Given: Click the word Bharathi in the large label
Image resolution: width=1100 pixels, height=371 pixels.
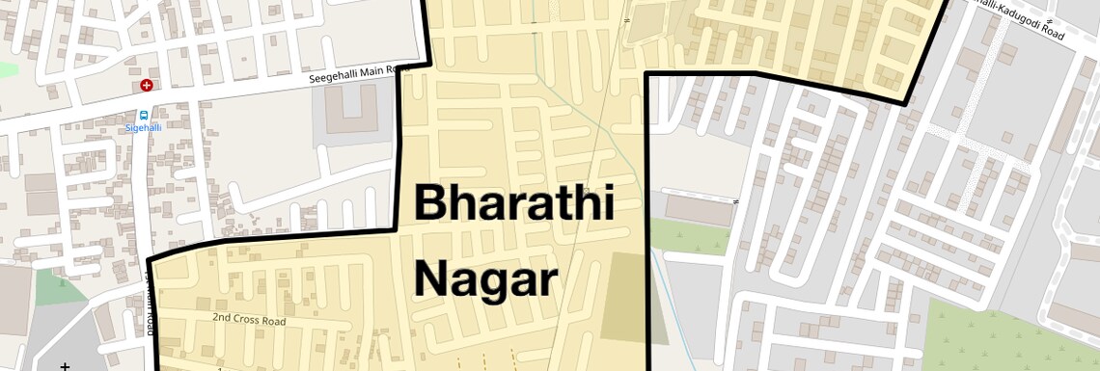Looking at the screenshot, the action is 514,203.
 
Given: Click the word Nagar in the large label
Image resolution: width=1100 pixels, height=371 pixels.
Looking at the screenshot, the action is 486,279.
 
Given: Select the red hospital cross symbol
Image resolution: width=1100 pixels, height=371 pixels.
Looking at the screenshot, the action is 147,85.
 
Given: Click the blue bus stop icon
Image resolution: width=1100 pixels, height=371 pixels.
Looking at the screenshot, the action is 144,113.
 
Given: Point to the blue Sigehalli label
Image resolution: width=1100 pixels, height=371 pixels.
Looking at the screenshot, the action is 144,127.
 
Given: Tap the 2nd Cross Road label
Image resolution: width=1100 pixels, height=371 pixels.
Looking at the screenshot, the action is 249,317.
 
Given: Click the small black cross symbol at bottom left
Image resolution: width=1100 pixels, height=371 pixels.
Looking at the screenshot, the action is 65,366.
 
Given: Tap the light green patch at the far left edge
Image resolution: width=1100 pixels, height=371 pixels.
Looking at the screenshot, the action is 8,69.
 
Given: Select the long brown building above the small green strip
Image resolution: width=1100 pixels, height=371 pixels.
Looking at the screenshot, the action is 698,209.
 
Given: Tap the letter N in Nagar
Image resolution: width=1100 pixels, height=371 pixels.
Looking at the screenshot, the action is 431,279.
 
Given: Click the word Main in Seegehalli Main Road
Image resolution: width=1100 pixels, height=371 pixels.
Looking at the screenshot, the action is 371,72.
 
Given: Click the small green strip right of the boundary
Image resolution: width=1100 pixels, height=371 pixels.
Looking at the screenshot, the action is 688,236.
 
